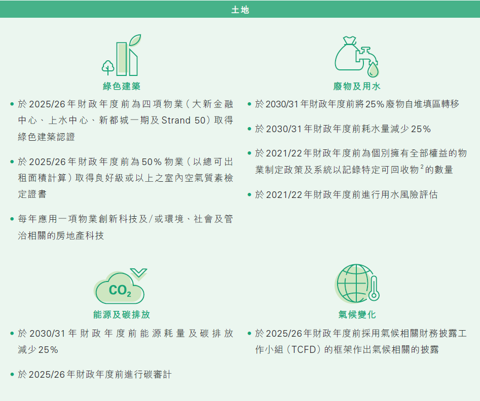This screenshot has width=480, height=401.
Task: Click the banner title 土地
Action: [x=240, y=10]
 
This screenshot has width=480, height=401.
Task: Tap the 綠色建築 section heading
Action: [x=122, y=86]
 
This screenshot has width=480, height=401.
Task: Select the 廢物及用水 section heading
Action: [x=357, y=86]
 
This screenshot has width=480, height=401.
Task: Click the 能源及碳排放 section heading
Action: [x=122, y=314]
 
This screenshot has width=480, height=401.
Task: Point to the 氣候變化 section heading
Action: [x=357, y=314]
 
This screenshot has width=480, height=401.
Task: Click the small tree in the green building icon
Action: [x=108, y=68]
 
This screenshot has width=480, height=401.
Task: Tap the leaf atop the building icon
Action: [x=135, y=40]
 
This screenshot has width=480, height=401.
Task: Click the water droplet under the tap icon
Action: [x=373, y=70]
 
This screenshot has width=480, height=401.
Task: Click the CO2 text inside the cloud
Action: [x=120, y=290]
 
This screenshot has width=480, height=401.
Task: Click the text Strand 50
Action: [x=183, y=120]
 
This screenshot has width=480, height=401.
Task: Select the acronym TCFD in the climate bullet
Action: [x=304, y=349]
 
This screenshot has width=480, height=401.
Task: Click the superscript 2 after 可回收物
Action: [x=422, y=167]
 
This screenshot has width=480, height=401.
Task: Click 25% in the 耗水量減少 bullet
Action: [x=421, y=129]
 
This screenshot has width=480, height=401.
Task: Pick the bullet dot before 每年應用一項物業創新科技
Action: [x=12, y=219]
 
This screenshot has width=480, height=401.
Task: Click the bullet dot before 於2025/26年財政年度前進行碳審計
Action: [x=12, y=374]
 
